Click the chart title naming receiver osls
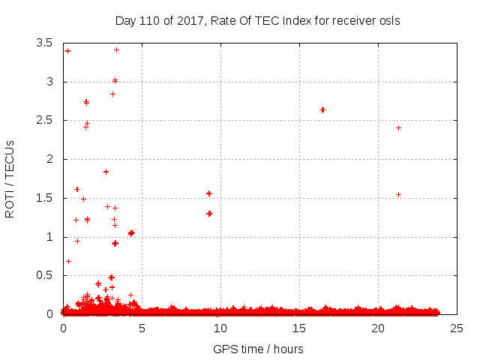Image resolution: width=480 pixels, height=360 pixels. [x=257, y=20]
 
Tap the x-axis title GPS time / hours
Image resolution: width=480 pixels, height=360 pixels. [x=257, y=349]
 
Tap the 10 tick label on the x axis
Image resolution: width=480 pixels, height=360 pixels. [x=220, y=328]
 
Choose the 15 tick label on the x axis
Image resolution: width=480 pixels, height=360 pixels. [x=298, y=328]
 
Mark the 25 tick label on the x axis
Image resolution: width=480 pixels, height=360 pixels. [x=456, y=328]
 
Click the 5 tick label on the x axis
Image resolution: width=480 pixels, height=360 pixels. [x=141, y=328]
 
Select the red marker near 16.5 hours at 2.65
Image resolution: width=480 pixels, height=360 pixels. [x=322, y=109]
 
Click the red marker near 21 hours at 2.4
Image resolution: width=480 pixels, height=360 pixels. [x=398, y=127]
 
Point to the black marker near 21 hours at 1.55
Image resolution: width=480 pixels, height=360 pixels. [x=398, y=194]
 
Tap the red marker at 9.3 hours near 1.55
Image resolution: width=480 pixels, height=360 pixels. [x=209, y=193]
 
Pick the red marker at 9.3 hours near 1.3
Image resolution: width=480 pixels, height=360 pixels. [x=209, y=213]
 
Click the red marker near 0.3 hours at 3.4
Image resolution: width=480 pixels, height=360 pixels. [x=67, y=51]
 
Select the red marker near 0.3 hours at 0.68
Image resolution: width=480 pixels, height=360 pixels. [x=68, y=261]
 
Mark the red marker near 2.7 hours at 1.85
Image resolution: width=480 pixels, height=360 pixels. [x=106, y=172]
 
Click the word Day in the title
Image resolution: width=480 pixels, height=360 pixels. [x=125, y=20]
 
